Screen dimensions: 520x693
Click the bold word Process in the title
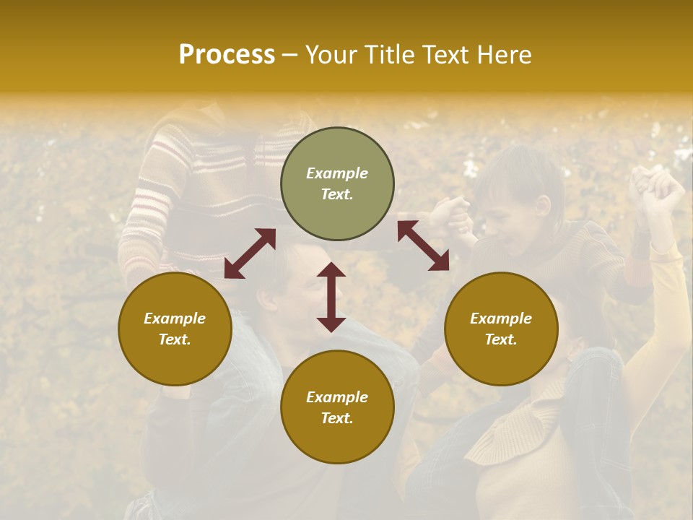pyautogui.click(x=227, y=55)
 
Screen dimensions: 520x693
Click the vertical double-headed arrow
pyautogui.click(x=331, y=297)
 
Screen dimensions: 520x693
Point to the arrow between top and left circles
pyautogui.click(x=250, y=253)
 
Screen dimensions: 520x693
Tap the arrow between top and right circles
pyautogui.click(x=424, y=246)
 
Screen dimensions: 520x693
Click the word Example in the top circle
pyautogui.click(x=337, y=173)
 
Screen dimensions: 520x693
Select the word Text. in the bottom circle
pyautogui.click(x=337, y=418)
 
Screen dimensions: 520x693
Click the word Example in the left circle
pyautogui.click(x=175, y=318)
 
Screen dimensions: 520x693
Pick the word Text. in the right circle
pyautogui.click(x=501, y=339)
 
